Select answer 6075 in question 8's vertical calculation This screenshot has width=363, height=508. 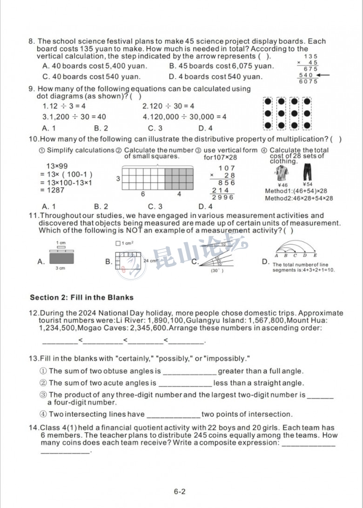[308, 81]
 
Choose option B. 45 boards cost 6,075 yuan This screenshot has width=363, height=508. [222, 66]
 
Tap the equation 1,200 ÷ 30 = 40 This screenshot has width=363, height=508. [74, 117]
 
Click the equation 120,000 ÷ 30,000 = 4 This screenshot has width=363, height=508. [184, 117]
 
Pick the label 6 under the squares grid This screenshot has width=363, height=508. [143, 194]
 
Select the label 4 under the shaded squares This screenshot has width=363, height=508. [179, 194]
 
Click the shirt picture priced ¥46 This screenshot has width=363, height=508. [282, 174]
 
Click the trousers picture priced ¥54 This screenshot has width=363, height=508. [307, 173]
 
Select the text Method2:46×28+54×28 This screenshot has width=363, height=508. [299, 198]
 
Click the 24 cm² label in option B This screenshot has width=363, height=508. [151, 261]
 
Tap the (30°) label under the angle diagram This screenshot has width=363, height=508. [217, 271]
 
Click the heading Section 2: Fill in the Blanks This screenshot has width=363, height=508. [81, 298]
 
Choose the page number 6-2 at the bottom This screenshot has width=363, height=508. [180, 491]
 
